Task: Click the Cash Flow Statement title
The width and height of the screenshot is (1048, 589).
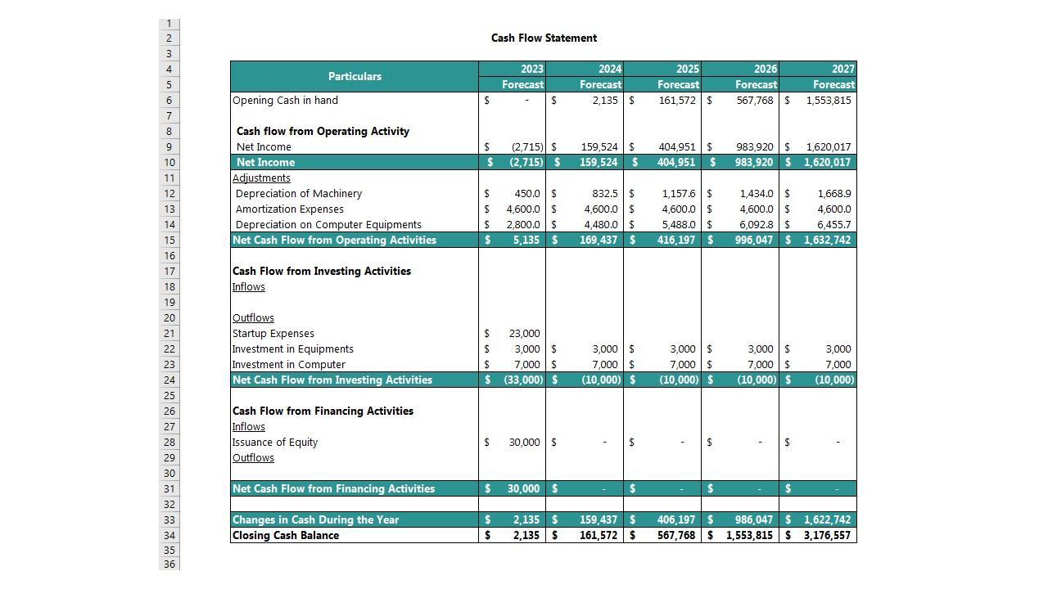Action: pyautogui.click(x=544, y=38)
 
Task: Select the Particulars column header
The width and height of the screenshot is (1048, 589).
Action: pyautogui.click(x=355, y=76)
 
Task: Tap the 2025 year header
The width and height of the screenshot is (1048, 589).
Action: pyautogui.click(x=688, y=69)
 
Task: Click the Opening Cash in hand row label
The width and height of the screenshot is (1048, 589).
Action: pyautogui.click(x=285, y=101)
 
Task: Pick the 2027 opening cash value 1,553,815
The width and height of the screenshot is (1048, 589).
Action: pyautogui.click(x=828, y=101)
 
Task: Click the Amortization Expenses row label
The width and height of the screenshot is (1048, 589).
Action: pyautogui.click(x=289, y=209)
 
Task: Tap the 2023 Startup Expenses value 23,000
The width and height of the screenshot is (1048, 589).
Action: pyautogui.click(x=524, y=334)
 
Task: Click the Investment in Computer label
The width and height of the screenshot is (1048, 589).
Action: pyautogui.click(x=288, y=365)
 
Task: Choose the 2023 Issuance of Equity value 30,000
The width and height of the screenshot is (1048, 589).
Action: pyautogui.click(x=524, y=443)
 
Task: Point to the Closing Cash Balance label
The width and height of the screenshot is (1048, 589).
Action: pyautogui.click(x=285, y=536)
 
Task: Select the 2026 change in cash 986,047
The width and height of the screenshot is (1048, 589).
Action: pyautogui.click(x=749, y=520)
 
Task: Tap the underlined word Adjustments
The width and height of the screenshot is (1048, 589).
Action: pyautogui.click(x=261, y=178)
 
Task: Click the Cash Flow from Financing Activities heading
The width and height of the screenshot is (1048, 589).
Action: pyautogui.click(x=323, y=411)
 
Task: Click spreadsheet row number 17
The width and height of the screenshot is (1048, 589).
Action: pyautogui.click(x=169, y=272)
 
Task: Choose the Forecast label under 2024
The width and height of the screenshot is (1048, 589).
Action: pyautogui.click(x=600, y=85)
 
